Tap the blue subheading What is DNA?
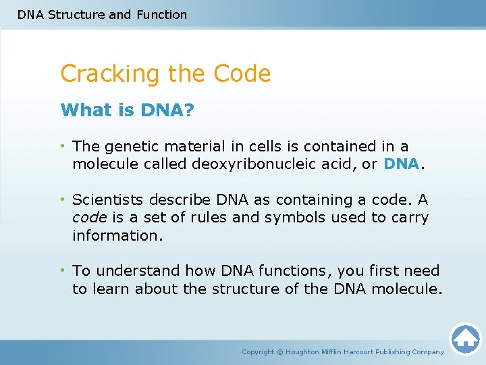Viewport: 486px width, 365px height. tap(126, 109)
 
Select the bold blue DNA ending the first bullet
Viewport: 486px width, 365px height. tap(402, 164)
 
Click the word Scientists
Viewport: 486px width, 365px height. tap(107, 200)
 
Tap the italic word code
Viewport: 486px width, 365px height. tap(88, 218)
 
